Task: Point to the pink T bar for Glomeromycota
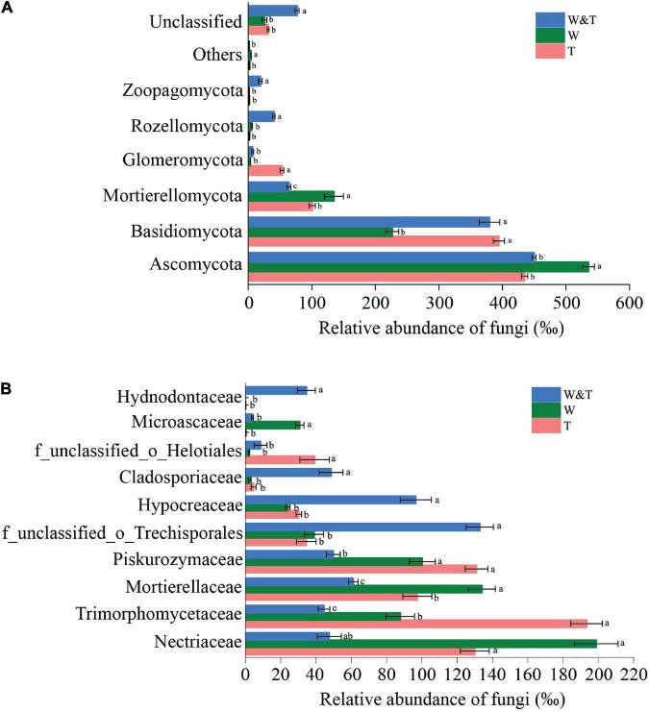pyautogui.click(x=265, y=170)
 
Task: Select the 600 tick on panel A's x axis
pyautogui.click(x=629, y=302)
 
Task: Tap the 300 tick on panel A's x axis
pyautogui.click(x=438, y=302)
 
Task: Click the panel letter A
pyautogui.click(x=7, y=8)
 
